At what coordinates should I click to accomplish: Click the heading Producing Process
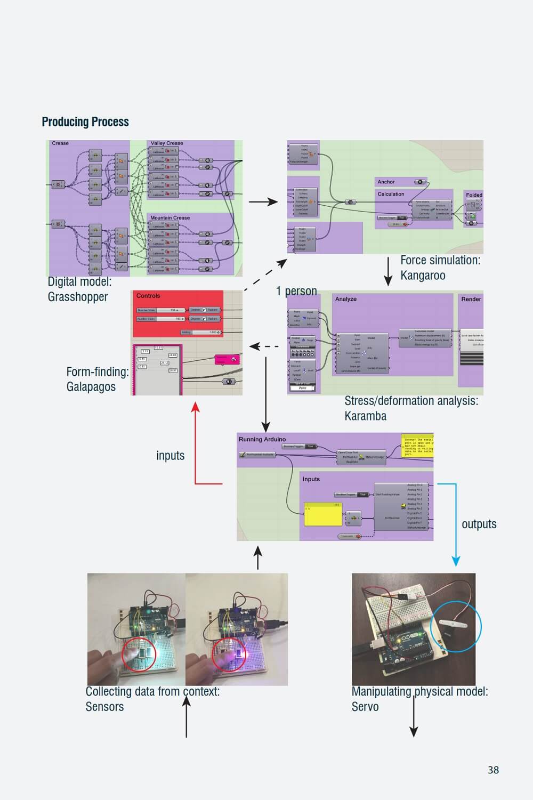tap(85, 122)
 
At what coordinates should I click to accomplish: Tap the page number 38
tap(493, 770)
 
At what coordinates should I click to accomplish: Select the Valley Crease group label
tap(167, 143)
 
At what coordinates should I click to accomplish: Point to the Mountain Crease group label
tap(170, 218)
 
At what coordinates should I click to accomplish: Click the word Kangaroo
tap(423, 276)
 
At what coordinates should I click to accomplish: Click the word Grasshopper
tap(78, 297)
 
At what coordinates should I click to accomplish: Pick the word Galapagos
tap(91, 387)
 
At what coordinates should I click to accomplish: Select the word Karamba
tap(365, 416)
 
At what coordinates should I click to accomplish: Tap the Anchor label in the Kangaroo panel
tap(386, 182)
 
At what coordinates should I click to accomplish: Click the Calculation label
tap(391, 194)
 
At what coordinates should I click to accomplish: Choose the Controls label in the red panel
tap(148, 296)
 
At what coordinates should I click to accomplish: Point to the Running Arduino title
tap(262, 440)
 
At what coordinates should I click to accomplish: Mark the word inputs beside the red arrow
tap(170, 456)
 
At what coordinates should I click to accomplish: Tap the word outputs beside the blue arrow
tap(479, 524)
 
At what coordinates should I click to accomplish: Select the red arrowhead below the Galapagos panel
tap(196, 407)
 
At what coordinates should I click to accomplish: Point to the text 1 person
tap(296, 291)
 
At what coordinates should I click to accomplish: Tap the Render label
tap(471, 300)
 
